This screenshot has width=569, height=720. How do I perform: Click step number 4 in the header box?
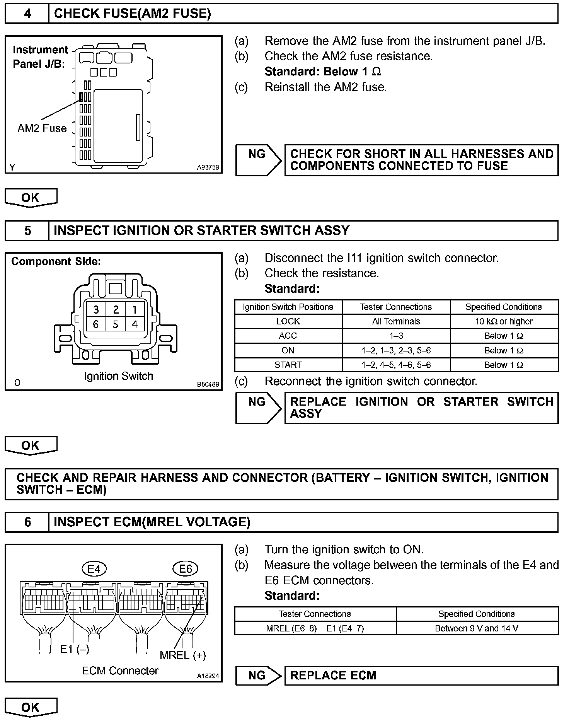(27, 14)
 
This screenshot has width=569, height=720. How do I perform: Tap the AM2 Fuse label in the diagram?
(42, 128)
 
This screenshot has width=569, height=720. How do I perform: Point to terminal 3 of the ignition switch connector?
(96, 309)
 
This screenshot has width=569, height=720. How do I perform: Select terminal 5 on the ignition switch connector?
(115, 324)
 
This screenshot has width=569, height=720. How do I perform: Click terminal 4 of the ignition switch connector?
(135, 324)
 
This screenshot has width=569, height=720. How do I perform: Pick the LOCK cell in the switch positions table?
(288, 321)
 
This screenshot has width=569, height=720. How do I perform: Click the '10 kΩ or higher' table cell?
(504, 321)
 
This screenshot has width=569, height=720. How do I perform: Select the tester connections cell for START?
(396, 365)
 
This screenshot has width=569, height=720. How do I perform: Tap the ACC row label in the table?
(288, 336)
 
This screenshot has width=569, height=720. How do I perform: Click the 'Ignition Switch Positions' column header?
(288, 307)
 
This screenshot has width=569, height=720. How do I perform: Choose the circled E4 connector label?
(94, 568)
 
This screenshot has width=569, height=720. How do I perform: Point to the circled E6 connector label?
(186, 568)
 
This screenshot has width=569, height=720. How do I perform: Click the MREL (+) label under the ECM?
(182, 655)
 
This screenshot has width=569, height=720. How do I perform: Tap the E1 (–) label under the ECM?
(75, 649)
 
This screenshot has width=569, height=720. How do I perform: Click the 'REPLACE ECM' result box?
(421, 675)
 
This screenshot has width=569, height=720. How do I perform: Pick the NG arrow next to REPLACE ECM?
(258, 675)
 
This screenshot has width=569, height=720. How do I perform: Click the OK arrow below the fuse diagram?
(31, 198)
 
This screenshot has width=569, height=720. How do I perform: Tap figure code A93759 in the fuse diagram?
(208, 167)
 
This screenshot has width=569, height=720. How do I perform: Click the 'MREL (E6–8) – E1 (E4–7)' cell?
(315, 628)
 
